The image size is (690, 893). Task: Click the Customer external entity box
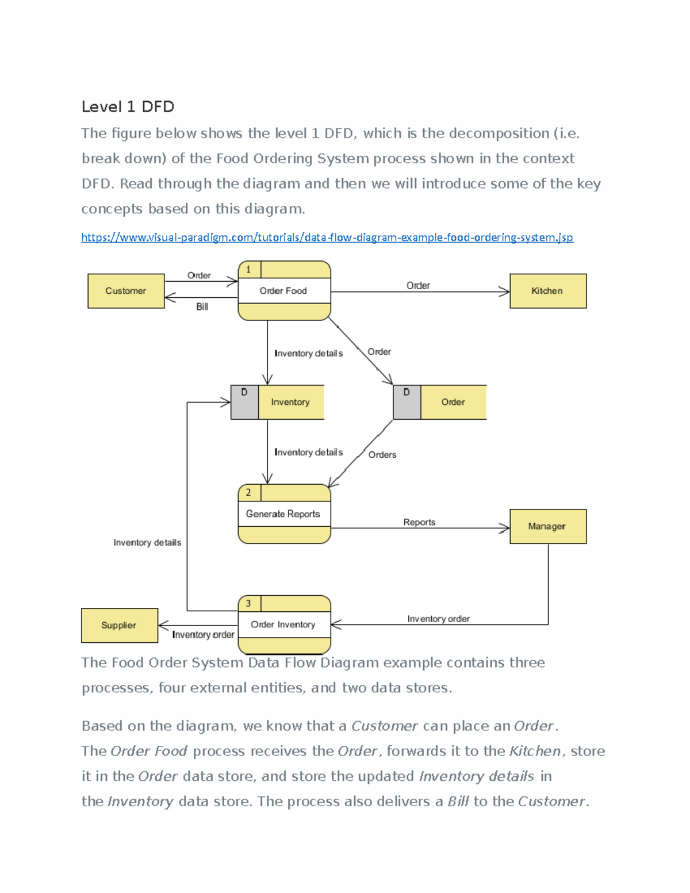pyautogui.click(x=126, y=291)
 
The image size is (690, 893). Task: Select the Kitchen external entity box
pyautogui.click(x=547, y=291)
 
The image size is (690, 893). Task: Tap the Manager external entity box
pyautogui.click(x=547, y=526)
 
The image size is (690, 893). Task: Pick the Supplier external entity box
pyautogui.click(x=119, y=625)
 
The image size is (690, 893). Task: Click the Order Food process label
pyautogui.click(x=283, y=291)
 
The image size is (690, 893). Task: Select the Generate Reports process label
pyautogui.click(x=283, y=514)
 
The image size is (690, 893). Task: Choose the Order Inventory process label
pyautogui.click(x=283, y=624)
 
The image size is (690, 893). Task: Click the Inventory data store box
pyautogui.click(x=290, y=402)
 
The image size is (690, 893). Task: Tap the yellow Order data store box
pyautogui.click(x=453, y=402)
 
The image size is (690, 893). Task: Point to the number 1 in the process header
pyautogui.click(x=248, y=269)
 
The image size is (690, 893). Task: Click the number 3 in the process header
pyautogui.click(x=248, y=603)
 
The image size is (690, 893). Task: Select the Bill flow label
pyautogui.click(x=202, y=307)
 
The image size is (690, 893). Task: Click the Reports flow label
pyautogui.click(x=419, y=522)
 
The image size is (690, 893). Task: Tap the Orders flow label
pyautogui.click(x=382, y=455)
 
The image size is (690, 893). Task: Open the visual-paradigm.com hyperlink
pyautogui.click(x=327, y=237)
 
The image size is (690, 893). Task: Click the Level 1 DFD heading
pyautogui.click(x=128, y=107)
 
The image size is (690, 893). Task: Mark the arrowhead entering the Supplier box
pyautogui.click(x=163, y=625)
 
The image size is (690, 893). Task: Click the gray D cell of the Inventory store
pyautogui.click(x=244, y=402)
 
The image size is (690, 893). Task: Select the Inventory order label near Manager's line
pyautogui.click(x=438, y=619)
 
